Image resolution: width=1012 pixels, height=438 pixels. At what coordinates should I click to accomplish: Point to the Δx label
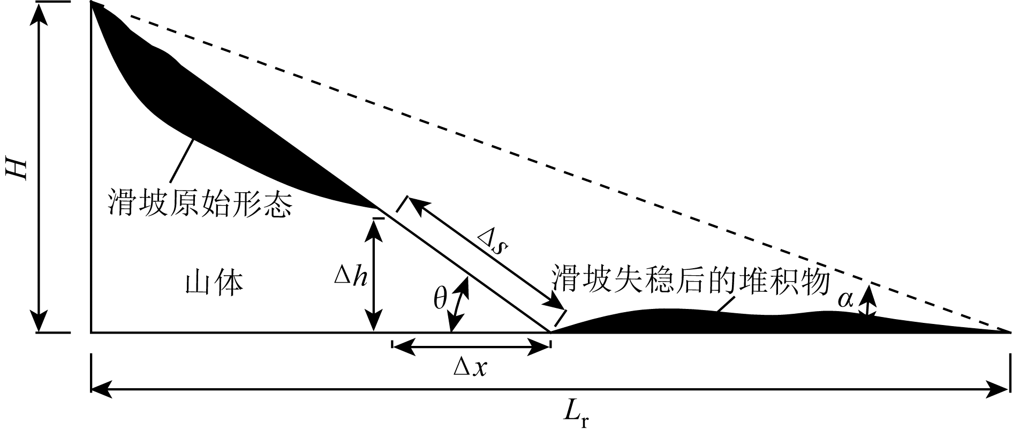click(471, 368)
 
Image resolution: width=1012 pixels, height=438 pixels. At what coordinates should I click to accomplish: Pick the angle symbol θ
click(440, 300)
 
